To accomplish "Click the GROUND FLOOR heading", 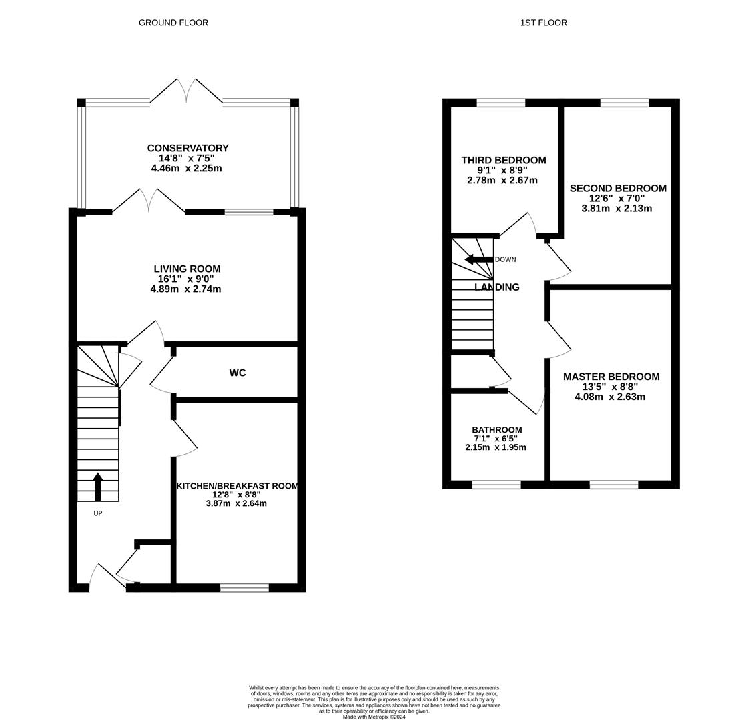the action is pyautogui.click(x=173, y=23).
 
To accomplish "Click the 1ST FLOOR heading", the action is pyautogui.click(x=543, y=23).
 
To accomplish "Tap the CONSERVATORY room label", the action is pyautogui.click(x=188, y=148).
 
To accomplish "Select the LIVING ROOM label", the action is pyautogui.click(x=187, y=269).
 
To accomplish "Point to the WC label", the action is pyautogui.click(x=238, y=373).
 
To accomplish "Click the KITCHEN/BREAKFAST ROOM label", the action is pyautogui.click(x=237, y=486).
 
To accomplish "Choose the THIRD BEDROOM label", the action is pyautogui.click(x=504, y=160).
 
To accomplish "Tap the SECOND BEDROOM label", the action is pyautogui.click(x=618, y=188).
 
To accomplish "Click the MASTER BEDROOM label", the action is pyautogui.click(x=611, y=377).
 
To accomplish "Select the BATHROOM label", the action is pyautogui.click(x=496, y=430).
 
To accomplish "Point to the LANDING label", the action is pyautogui.click(x=497, y=287).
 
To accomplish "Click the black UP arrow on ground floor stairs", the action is pyautogui.click(x=98, y=487).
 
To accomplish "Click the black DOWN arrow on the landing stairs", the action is pyautogui.click(x=479, y=260).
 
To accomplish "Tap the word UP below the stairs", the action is pyautogui.click(x=98, y=513).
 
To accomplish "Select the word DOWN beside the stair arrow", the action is pyautogui.click(x=506, y=260).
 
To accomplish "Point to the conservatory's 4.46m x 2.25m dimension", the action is pyautogui.click(x=187, y=168).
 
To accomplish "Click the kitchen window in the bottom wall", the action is pyautogui.click(x=245, y=587).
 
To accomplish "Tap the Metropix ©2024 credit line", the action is pyautogui.click(x=374, y=717).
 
